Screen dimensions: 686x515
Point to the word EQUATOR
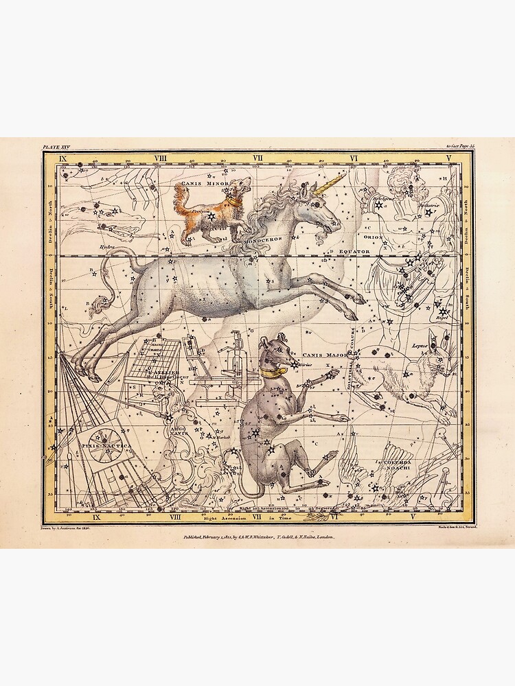(354, 252)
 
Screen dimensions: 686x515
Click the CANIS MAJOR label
(321, 355)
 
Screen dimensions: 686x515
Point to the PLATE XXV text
(56, 147)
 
